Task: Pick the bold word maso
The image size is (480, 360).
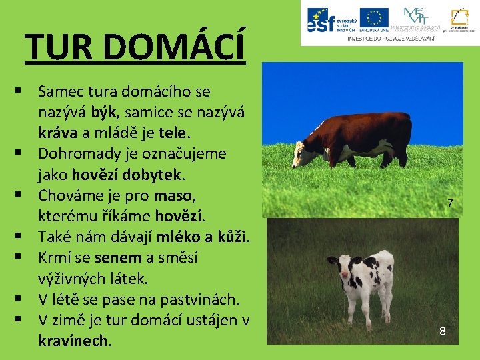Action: click(x=175, y=195)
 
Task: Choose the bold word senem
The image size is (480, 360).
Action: click(x=118, y=257)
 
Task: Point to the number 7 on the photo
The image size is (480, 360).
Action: click(x=451, y=203)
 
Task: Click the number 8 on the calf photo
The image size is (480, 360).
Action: click(x=442, y=331)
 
